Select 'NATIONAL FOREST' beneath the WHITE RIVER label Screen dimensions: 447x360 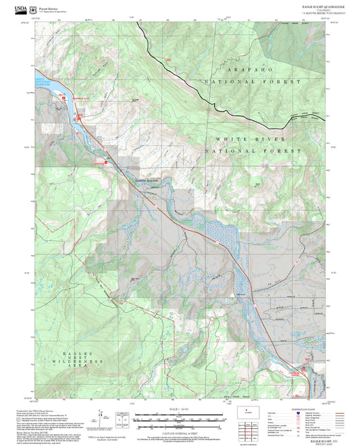[253, 151]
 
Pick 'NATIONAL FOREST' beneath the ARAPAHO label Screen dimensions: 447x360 [253, 82]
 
